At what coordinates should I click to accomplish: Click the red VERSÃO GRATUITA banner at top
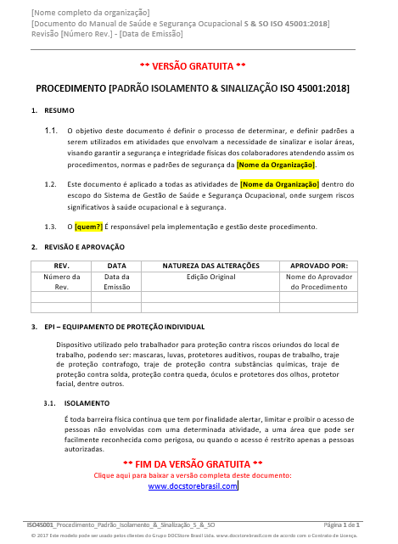pos(193,65)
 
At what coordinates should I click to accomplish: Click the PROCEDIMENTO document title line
pos(193,88)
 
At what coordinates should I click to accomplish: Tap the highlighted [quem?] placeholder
pos(88,227)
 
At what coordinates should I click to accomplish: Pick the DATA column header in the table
pos(117,266)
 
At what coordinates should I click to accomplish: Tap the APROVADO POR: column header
pos(319,266)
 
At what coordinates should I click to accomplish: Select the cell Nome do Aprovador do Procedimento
pos(319,282)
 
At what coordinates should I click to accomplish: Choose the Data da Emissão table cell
pos(117,282)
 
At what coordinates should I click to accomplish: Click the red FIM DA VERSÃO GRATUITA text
pos(193,464)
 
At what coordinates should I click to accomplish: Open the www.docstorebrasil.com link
pos(193,486)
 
